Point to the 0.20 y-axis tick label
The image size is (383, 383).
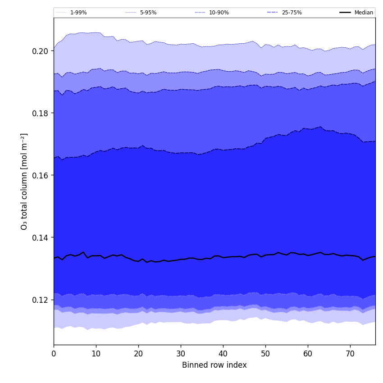point(40,51)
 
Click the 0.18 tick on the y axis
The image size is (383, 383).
point(40,113)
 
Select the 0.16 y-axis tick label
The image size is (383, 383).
point(40,175)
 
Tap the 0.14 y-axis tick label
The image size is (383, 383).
point(40,237)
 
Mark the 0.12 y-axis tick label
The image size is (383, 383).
point(40,300)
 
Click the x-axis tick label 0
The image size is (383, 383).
point(54,354)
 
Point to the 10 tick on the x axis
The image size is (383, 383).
point(96,354)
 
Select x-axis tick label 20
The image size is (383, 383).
point(138,354)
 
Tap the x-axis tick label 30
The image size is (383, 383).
point(181,354)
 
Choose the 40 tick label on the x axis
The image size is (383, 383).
point(223,354)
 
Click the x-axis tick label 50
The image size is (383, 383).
point(265,354)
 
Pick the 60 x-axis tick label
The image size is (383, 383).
point(308,354)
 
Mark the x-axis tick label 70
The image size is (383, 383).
point(350,354)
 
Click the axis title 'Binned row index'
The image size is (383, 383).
point(214,365)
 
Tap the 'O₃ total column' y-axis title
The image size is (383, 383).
point(24,181)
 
